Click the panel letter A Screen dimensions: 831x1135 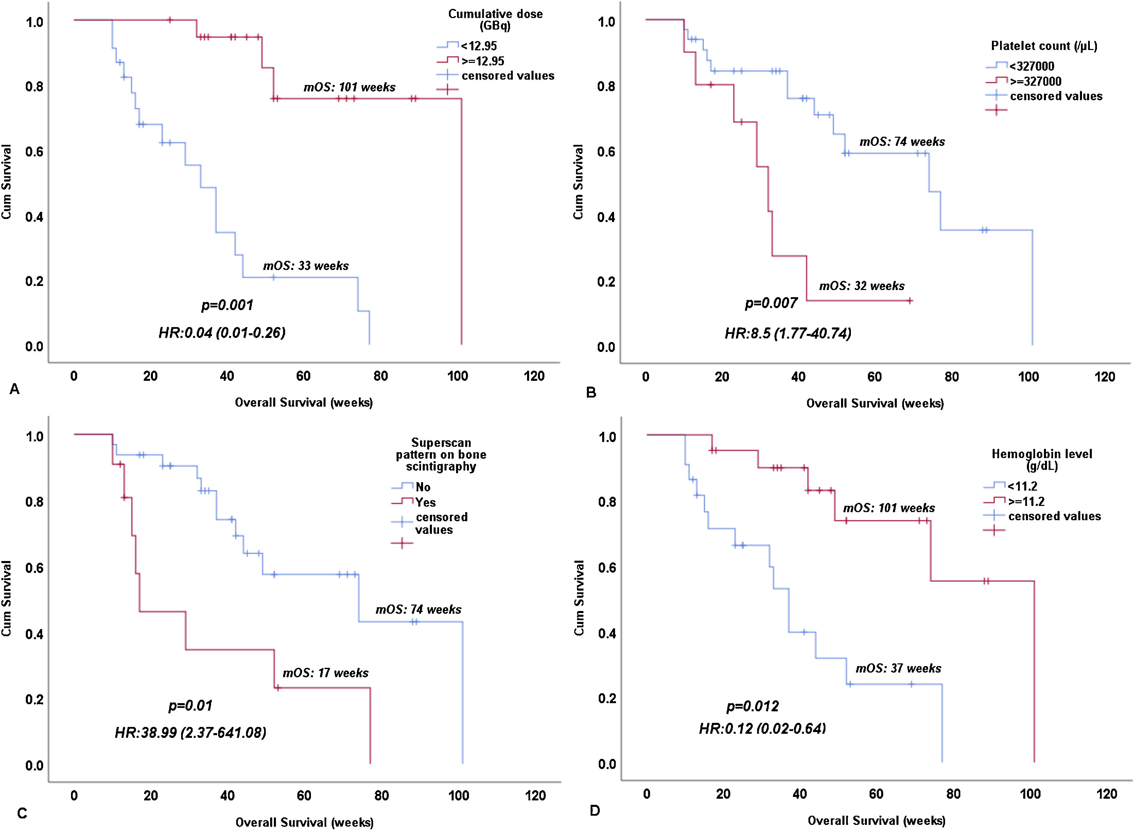[15, 389]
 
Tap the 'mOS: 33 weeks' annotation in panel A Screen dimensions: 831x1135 [305, 266]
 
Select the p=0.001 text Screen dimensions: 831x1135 [227, 305]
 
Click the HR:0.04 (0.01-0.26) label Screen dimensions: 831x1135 [222, 333]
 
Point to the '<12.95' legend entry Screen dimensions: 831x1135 [478, 46]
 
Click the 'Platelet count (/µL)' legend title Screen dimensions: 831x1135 [1044, 46]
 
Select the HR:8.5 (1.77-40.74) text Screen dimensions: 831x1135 [788, 333]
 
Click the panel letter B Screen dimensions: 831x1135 [591, 392]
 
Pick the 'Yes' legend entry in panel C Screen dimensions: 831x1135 [425, 502]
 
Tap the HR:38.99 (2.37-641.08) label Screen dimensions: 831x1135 [191, 732]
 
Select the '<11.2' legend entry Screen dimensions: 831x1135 [1022, 487]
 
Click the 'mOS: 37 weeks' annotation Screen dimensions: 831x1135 [898, 668]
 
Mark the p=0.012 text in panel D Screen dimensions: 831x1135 [752, 706]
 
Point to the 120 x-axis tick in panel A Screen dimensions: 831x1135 [534, 376]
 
